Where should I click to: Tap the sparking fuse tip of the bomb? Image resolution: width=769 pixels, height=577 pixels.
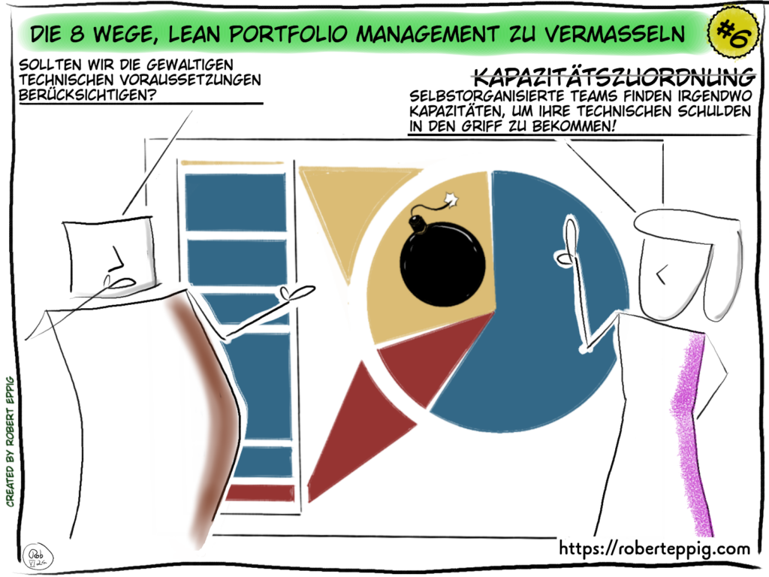[x=452, y=199]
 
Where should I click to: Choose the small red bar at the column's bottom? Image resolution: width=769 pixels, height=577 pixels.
[x=260, y=493]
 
